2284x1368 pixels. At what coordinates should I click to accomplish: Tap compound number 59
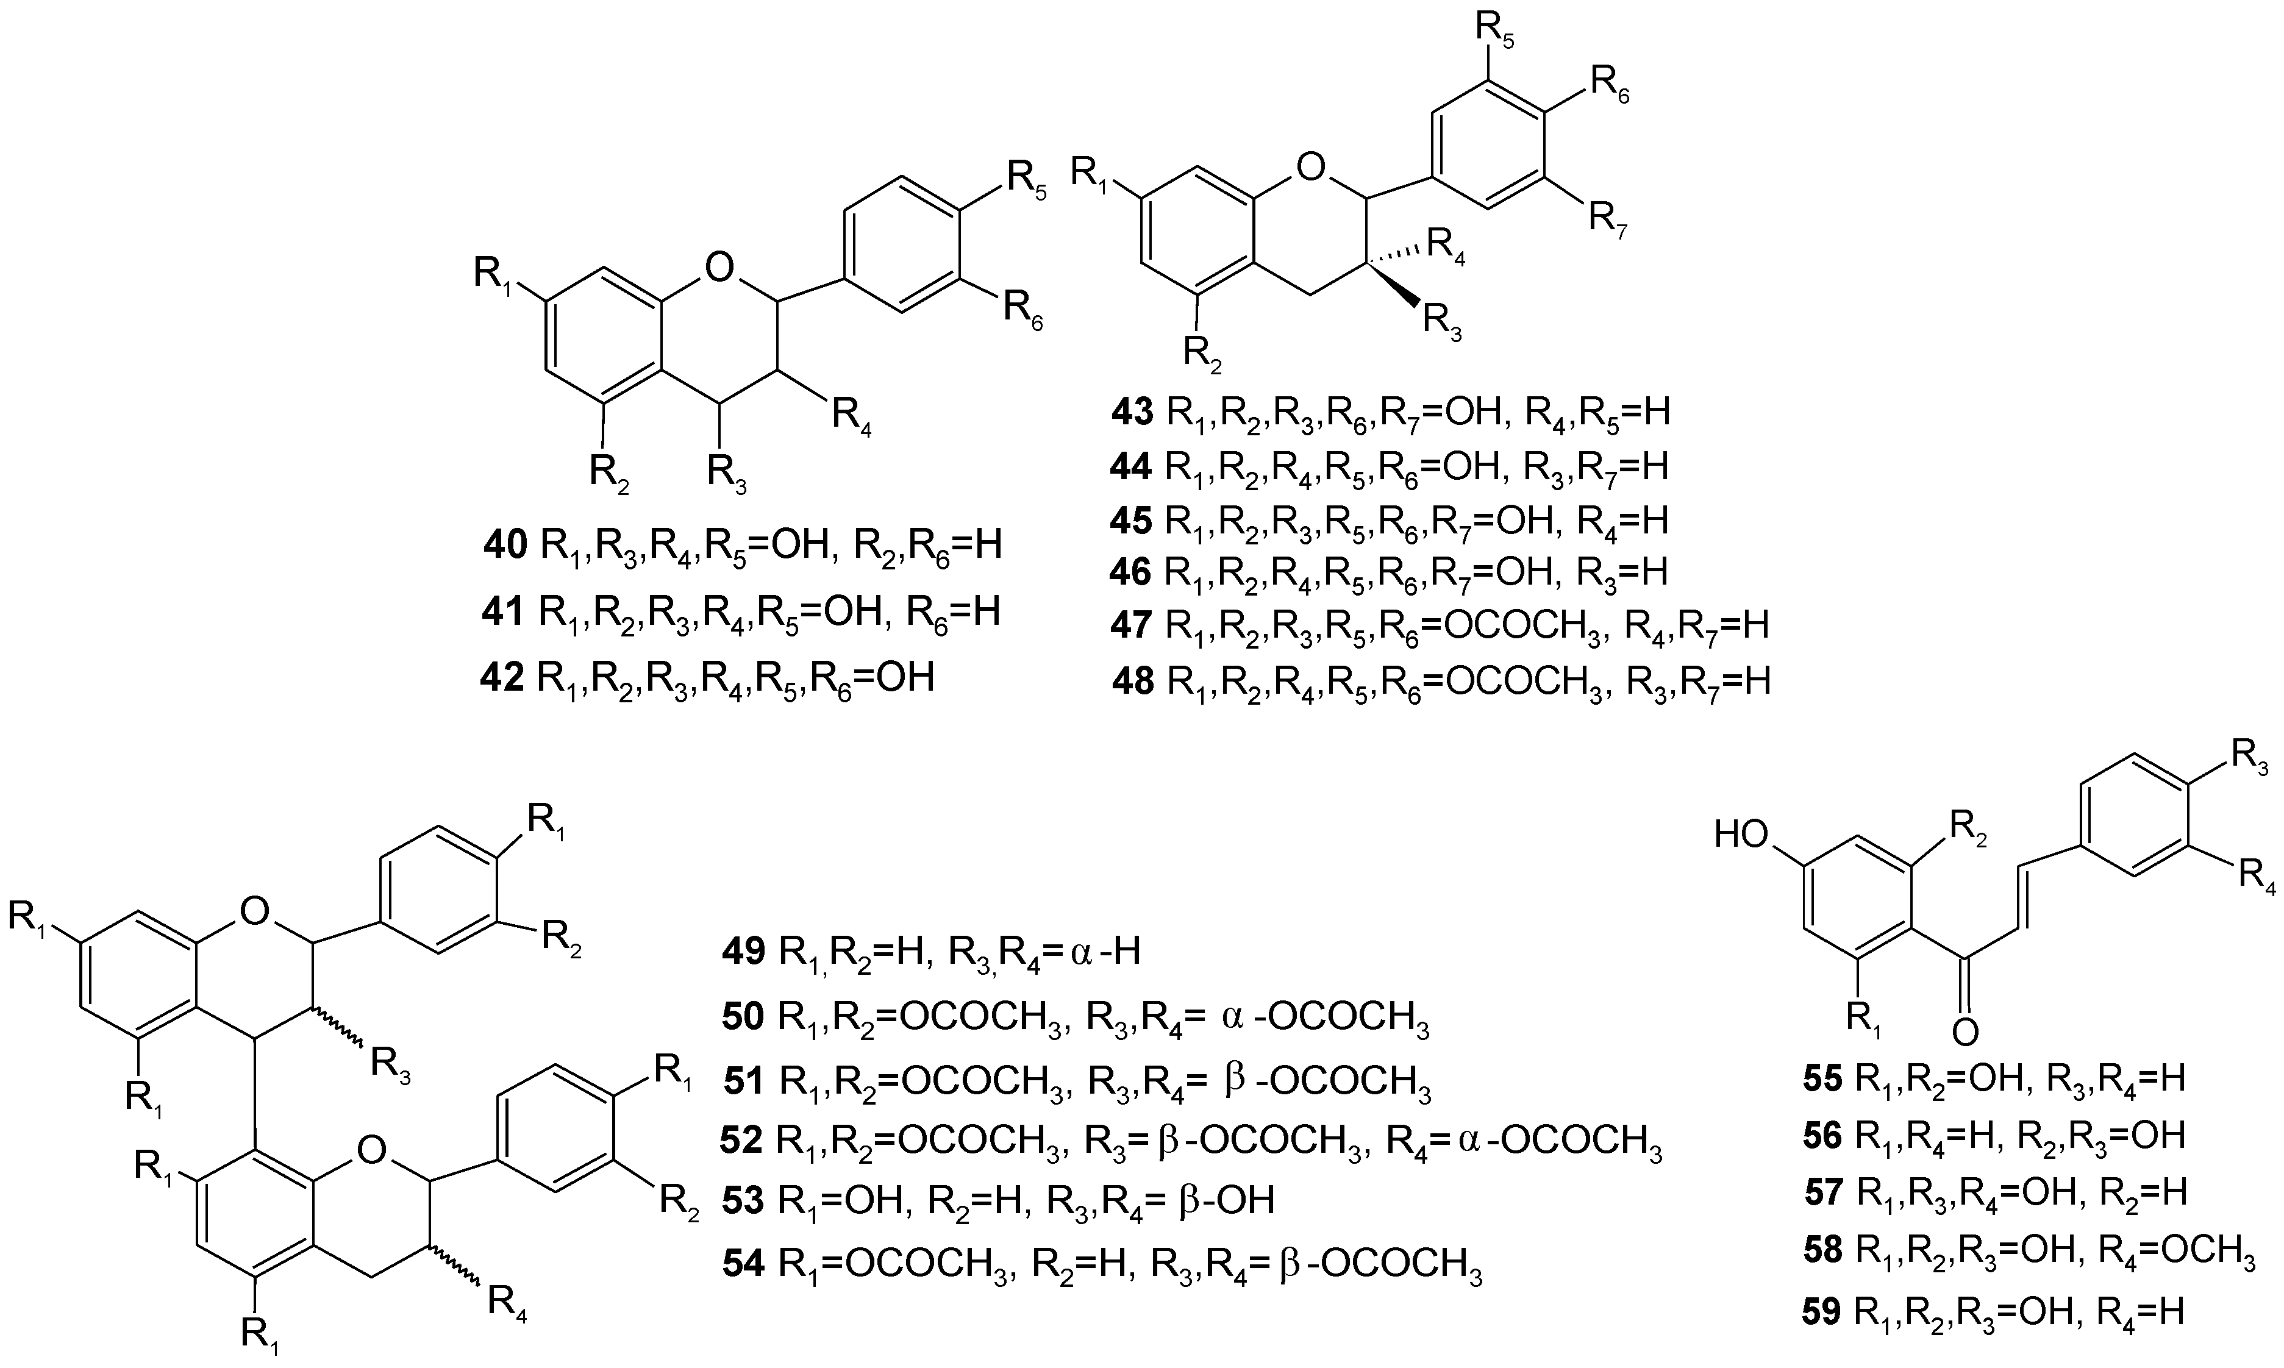[x=1822, y=1313]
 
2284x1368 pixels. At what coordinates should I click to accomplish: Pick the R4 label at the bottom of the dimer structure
[x=506, y=1303]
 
